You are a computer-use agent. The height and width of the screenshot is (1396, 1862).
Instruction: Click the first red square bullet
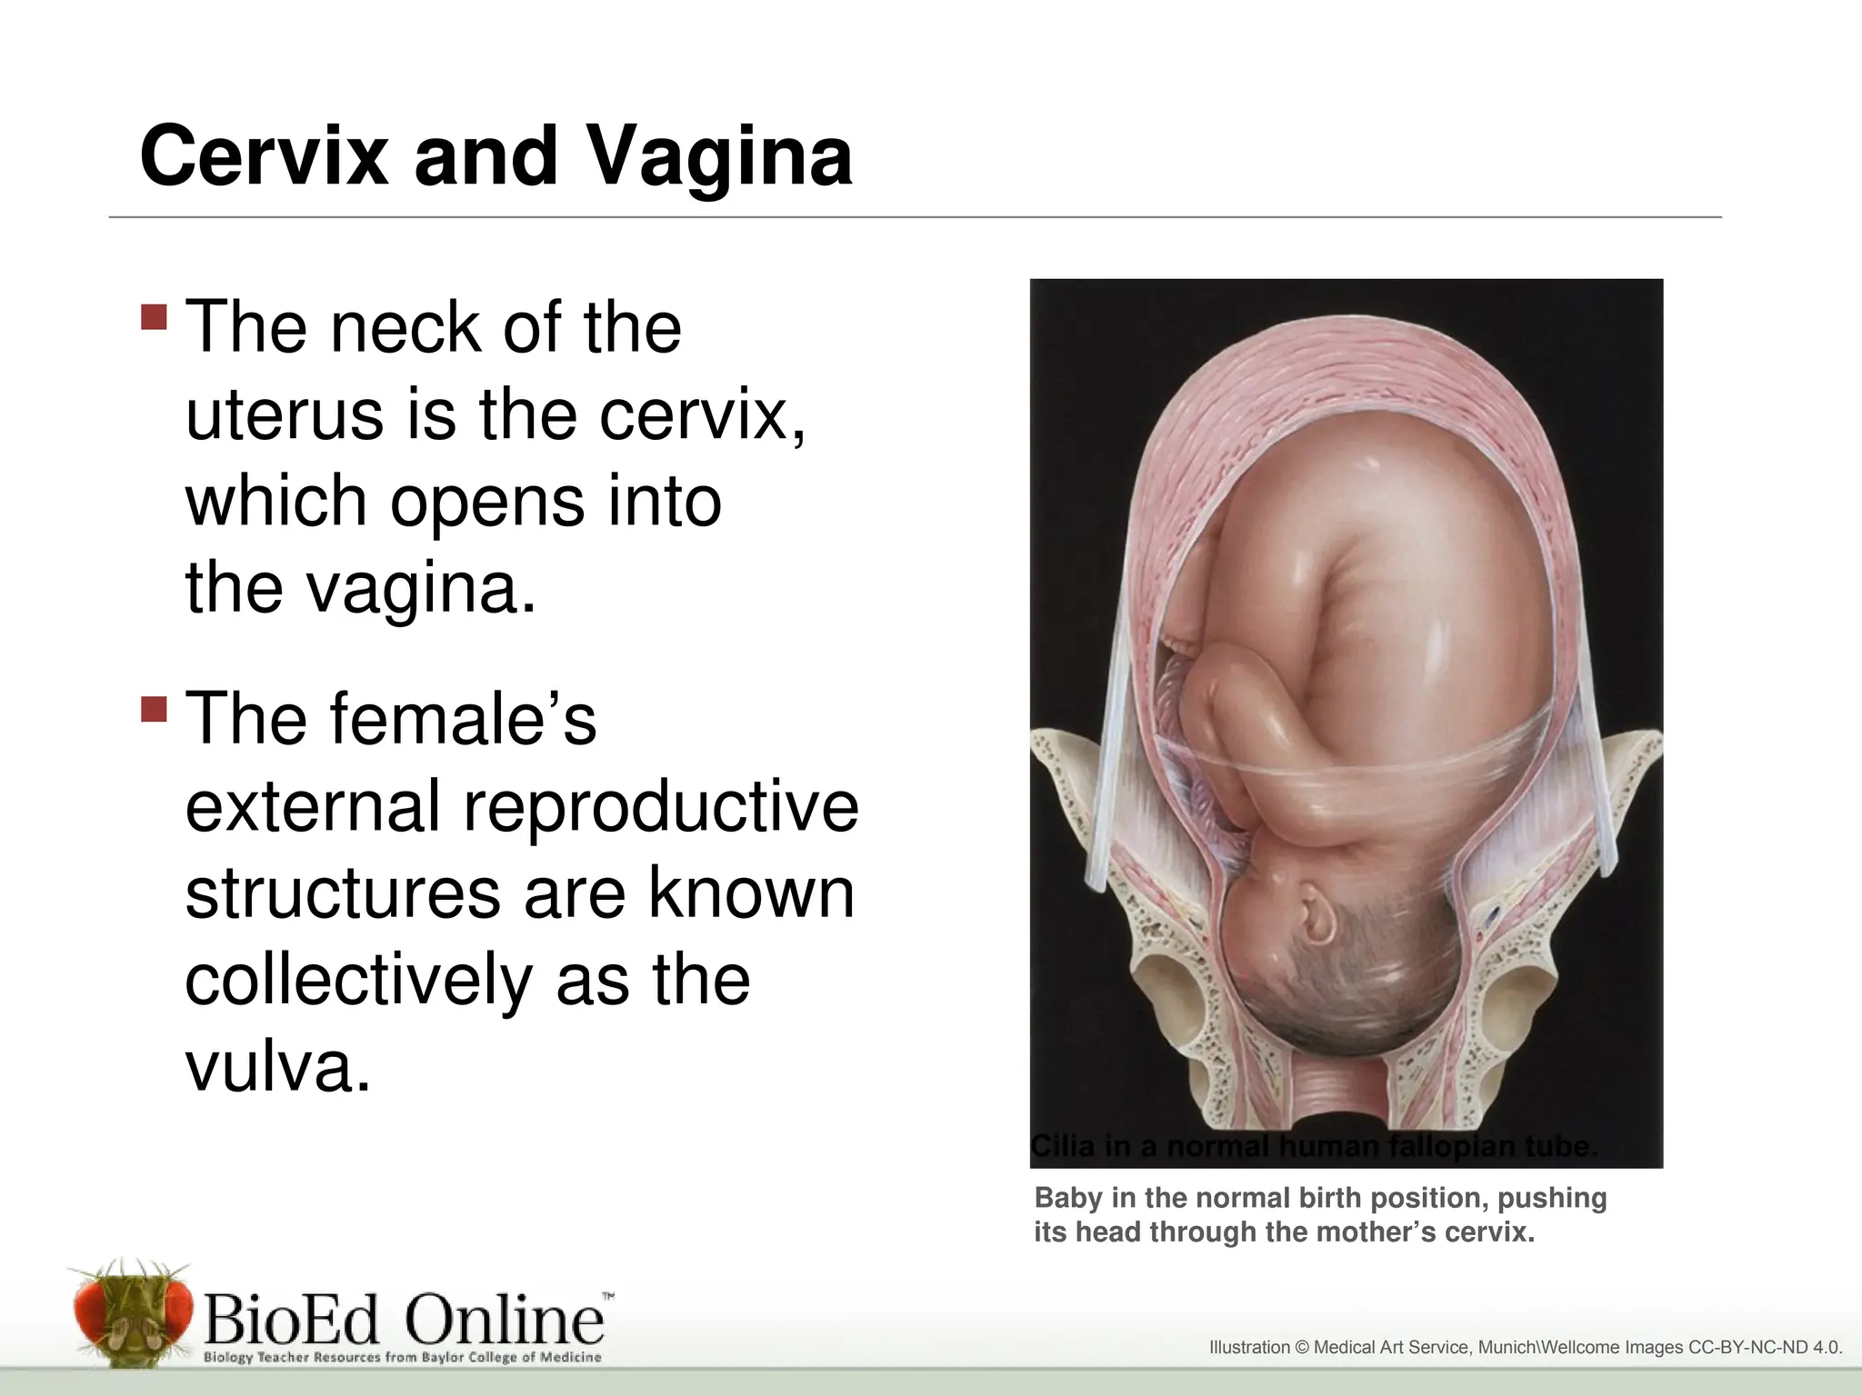tap(155, 317)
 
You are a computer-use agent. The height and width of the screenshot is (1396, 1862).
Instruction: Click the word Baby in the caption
tap(1067, 1198)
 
